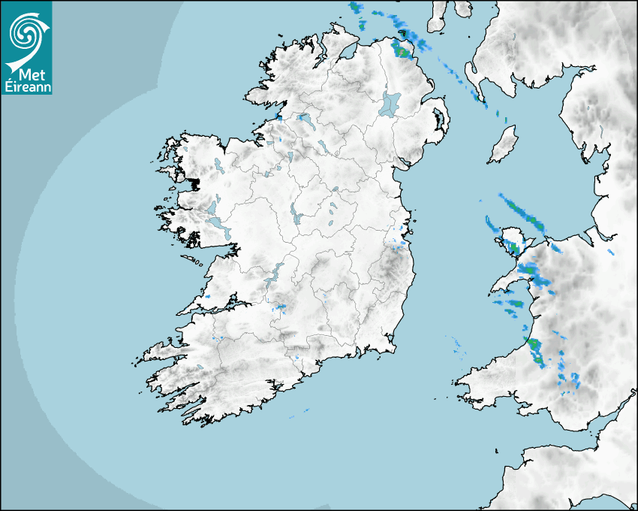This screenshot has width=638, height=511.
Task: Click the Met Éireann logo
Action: tap(26, 47)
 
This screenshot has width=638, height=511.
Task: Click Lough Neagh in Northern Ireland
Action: tap(390, 103)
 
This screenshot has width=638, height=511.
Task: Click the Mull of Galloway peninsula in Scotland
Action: tap(474, 75)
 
